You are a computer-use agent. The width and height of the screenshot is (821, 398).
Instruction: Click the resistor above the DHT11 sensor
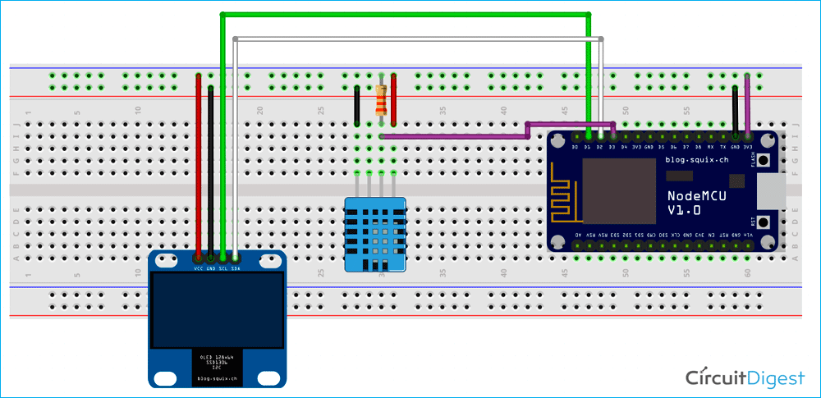tap(380, 101)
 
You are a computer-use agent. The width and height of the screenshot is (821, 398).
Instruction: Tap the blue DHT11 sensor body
tap(375, 235)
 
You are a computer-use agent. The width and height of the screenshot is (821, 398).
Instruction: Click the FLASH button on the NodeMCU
tap(765, 159)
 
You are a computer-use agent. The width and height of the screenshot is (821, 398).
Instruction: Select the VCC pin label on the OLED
tap(199, 268)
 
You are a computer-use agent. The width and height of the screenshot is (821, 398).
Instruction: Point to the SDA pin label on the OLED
tap(236, 268)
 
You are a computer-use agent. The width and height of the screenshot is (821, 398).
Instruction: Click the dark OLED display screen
tap(217, 309)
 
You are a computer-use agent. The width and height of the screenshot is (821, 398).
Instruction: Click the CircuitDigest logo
tap(745, 377)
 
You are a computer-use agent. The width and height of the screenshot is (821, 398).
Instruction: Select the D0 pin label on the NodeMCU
tap(576, 147)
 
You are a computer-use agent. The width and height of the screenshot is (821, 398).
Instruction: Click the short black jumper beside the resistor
tap(357, 104)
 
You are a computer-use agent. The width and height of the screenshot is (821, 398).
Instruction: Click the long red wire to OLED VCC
tap(199, 164)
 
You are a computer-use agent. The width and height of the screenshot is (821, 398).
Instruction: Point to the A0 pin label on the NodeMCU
tap(578, 235)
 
